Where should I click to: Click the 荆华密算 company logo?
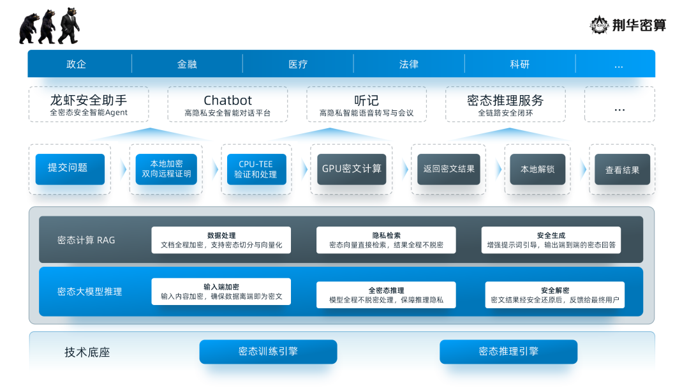(628, 25)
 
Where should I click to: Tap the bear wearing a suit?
(69, 26)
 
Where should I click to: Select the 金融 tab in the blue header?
(187, 64)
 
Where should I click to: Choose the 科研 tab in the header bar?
(519, 64)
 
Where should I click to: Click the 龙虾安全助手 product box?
(89, 105)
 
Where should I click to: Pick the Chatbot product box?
(228, 105)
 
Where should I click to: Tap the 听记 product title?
(366, 101)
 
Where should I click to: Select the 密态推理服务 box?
(505, 105)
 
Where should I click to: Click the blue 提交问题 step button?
(70, 169)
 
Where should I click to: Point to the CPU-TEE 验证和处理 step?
(255, 169)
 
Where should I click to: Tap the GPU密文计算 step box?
(352, 169)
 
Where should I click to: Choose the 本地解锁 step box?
(537, 169)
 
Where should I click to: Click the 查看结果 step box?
(622, 170)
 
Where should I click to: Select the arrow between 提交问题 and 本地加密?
(122, 169)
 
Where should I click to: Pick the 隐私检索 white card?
(386, 240)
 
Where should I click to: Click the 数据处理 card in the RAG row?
(221, 240)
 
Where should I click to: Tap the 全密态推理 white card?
(386, 295)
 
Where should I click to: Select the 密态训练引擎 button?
(268, 352)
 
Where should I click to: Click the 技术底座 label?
(87, 352)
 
